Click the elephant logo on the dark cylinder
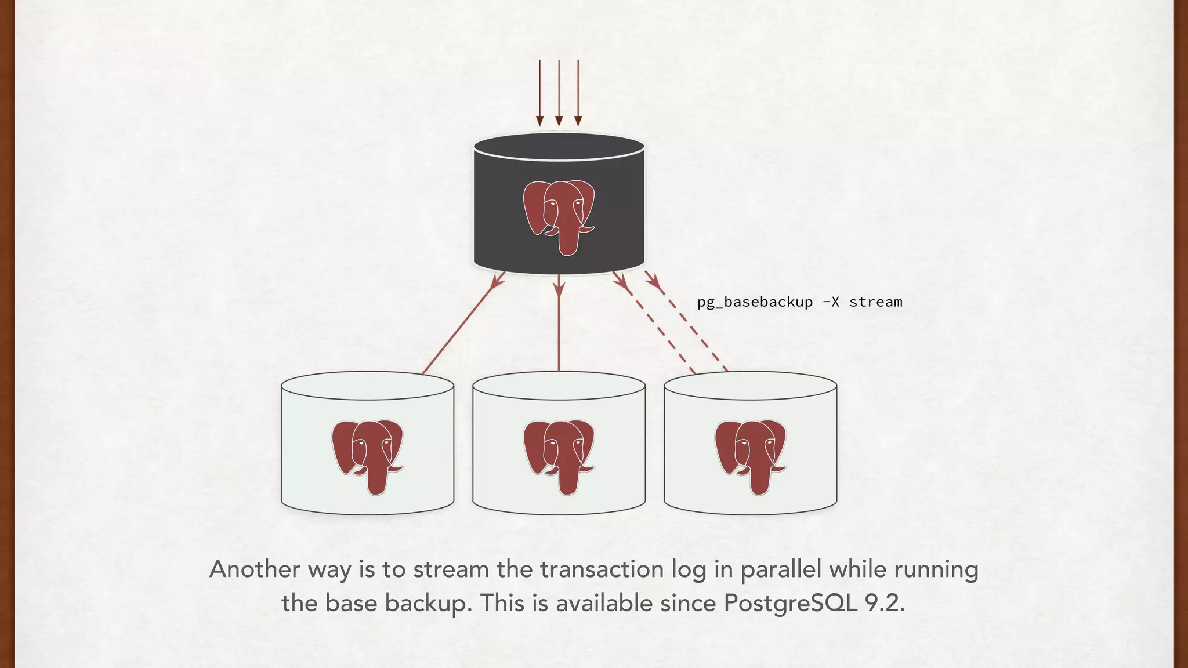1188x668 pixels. click(559, 216)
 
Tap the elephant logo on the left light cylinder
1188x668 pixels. click(367, 456)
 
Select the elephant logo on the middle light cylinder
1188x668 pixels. click(559, 456)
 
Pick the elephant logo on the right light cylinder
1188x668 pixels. click(750, 456)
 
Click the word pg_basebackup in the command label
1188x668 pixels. click(755, 302)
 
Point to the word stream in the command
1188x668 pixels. click(875, 302)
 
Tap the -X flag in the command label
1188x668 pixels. click(831, 302)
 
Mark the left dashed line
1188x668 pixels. click(655, 325)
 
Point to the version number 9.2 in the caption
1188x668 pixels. click(884, 603)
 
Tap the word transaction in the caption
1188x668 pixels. click(602, 569)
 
